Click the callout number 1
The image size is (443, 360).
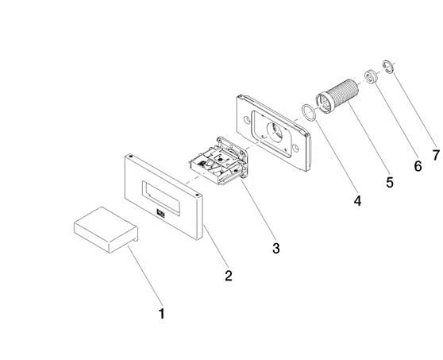[161, 314]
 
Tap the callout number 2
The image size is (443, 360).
[229, 276]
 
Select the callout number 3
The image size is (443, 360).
[276, 248]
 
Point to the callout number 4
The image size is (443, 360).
[357, 201]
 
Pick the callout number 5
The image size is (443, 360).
[390, 183]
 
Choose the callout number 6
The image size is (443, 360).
[418, 166]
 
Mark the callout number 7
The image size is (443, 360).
[436, 155]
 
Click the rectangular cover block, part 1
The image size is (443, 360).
[106, 230]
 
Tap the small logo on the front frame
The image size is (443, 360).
[160, 213]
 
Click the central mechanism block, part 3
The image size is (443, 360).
[219, 161]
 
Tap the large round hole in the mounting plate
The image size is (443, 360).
[275, 132]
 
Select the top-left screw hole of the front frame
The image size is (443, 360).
[130, 156]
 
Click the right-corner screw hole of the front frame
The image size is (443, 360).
[197, 195]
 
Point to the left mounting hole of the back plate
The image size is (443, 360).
[246, 120]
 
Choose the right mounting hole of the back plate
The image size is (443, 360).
[295, 148]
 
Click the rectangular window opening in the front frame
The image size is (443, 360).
[160, 198]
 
